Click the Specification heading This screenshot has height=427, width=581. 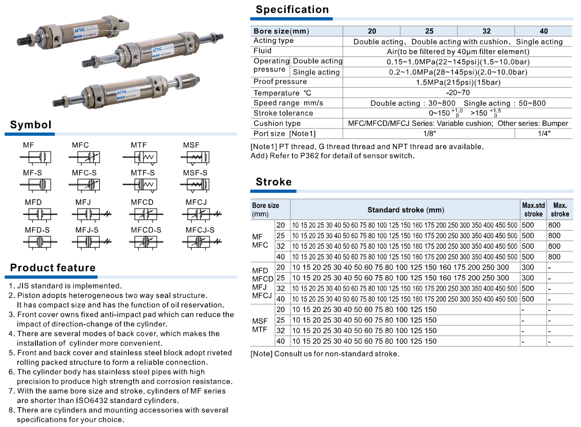(x=292, y=9)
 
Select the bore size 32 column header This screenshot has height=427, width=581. (x=486, y=31)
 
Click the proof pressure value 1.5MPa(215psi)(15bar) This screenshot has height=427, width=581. (x=458, y=82)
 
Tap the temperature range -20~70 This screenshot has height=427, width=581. (x=458, y=93)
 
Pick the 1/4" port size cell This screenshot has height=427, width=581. (x=544, y=134)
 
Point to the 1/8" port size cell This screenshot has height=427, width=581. (x=429, y=134)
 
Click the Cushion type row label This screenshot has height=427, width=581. (x=277, y=124)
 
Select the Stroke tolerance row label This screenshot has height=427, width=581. (x=283, y=113)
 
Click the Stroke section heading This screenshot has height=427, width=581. (x=274, y=182)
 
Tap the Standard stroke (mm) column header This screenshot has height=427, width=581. (x=405, y=210)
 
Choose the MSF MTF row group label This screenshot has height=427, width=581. (x=260, y=325)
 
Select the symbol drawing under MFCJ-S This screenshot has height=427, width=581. (x=201, y=241)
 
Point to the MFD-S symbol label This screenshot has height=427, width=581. (x=37, y=230)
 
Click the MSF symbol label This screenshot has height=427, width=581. (x=191, y=145)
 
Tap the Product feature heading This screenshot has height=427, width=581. (x=53, y=268)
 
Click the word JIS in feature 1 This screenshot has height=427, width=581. (x=25, y=286)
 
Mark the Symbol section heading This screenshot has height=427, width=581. (x=31, y=125)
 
